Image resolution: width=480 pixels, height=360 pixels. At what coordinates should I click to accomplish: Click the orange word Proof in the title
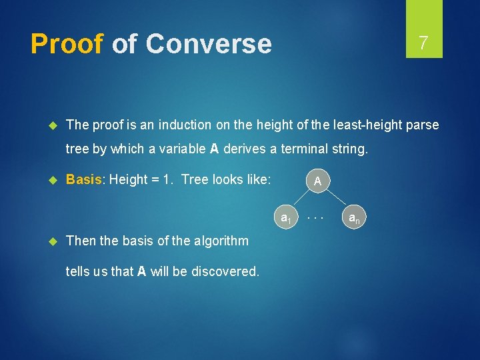pos(67,44)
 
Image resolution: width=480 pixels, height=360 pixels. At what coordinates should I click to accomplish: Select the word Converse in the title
pos(208,44)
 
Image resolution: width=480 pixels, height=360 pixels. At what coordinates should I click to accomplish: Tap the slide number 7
pos(423,43)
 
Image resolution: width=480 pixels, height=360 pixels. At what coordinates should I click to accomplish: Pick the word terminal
pos(303,149)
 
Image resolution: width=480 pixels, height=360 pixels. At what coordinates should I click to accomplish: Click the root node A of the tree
pos(318,181)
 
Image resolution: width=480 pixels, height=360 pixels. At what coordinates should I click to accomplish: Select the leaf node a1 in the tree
pos(285,217)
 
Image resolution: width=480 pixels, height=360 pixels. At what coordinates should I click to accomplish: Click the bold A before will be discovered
pos(141,271)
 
